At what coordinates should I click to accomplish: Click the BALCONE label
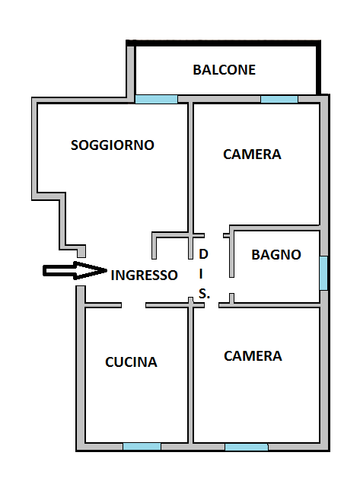coord(224,70)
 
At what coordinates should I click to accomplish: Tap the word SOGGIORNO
coord(113,145)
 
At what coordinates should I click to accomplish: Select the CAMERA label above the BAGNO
coord(252,155)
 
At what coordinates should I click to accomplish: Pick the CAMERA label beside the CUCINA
coord(253,356)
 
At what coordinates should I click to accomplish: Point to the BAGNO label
coord(276,254)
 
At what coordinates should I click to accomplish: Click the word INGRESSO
coord(144,275)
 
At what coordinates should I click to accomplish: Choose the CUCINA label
coord(131,362)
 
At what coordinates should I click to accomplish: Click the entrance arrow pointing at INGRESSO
coord(75,271)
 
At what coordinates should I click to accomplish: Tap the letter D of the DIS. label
coord(203,254)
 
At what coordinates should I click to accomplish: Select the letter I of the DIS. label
coord(201,274)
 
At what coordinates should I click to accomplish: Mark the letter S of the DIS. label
coord(203,294)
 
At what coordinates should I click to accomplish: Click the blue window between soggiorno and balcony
coord(156,99)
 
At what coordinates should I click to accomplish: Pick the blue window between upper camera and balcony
coord(279,99)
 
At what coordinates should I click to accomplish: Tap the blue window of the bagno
coord(323,273)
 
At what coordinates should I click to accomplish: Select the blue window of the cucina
coord(142,446)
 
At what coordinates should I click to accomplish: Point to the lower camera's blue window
coord(247,447)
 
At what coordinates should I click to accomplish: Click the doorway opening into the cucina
coord(133,305)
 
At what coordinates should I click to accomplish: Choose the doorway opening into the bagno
coord(231,285)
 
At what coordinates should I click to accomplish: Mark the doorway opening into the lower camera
coord(212,305)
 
